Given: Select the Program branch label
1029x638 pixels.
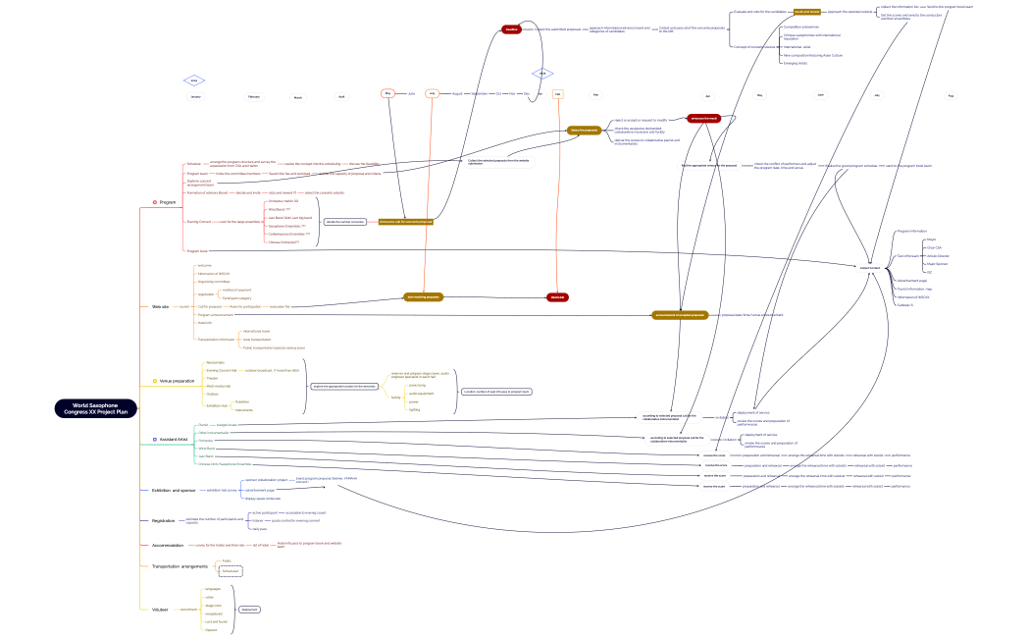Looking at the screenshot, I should click(168, 202).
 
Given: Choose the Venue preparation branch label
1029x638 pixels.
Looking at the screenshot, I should click(177, 381).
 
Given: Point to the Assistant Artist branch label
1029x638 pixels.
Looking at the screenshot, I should click(175, 439).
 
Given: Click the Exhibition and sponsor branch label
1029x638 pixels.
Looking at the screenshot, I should click(174, 489).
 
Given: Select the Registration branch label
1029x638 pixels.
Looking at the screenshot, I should click(164, 520).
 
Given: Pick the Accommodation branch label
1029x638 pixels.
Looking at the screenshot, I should click(169, 544).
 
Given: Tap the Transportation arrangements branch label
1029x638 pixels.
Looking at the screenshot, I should click(180, 566).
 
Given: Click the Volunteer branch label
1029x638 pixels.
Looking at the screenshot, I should click(160, 610).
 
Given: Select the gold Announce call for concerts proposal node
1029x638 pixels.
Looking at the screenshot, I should click(406, 222).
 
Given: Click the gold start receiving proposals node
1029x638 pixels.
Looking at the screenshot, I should click(422, 296).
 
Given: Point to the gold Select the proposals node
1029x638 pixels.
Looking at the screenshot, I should click(584, 130).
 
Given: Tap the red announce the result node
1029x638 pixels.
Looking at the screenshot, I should click(705, 118).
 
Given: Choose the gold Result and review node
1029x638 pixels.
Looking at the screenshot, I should click(807, 12).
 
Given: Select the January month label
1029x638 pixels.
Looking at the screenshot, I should click(195, 96).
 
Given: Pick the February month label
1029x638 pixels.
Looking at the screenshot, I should click(253, 96).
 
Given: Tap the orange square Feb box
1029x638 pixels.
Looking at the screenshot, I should click(557, 94).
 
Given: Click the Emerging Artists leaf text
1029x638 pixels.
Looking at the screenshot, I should click(796, 64).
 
